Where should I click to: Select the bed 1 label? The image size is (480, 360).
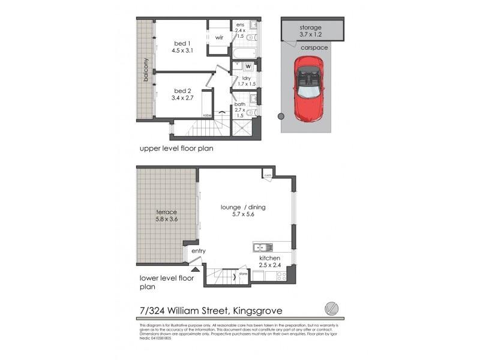click(x=181, y=47)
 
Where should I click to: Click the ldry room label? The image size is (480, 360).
click(x=245, y=81)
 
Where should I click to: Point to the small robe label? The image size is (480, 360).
click(x=206, y=116)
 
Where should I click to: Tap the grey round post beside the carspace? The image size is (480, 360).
click(x=278, y=116)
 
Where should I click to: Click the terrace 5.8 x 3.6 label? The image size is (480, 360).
click(x=166, y=216)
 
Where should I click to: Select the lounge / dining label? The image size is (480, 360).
click(x=243, y=211)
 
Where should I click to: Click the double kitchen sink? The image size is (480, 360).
click(x=263, y=247)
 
